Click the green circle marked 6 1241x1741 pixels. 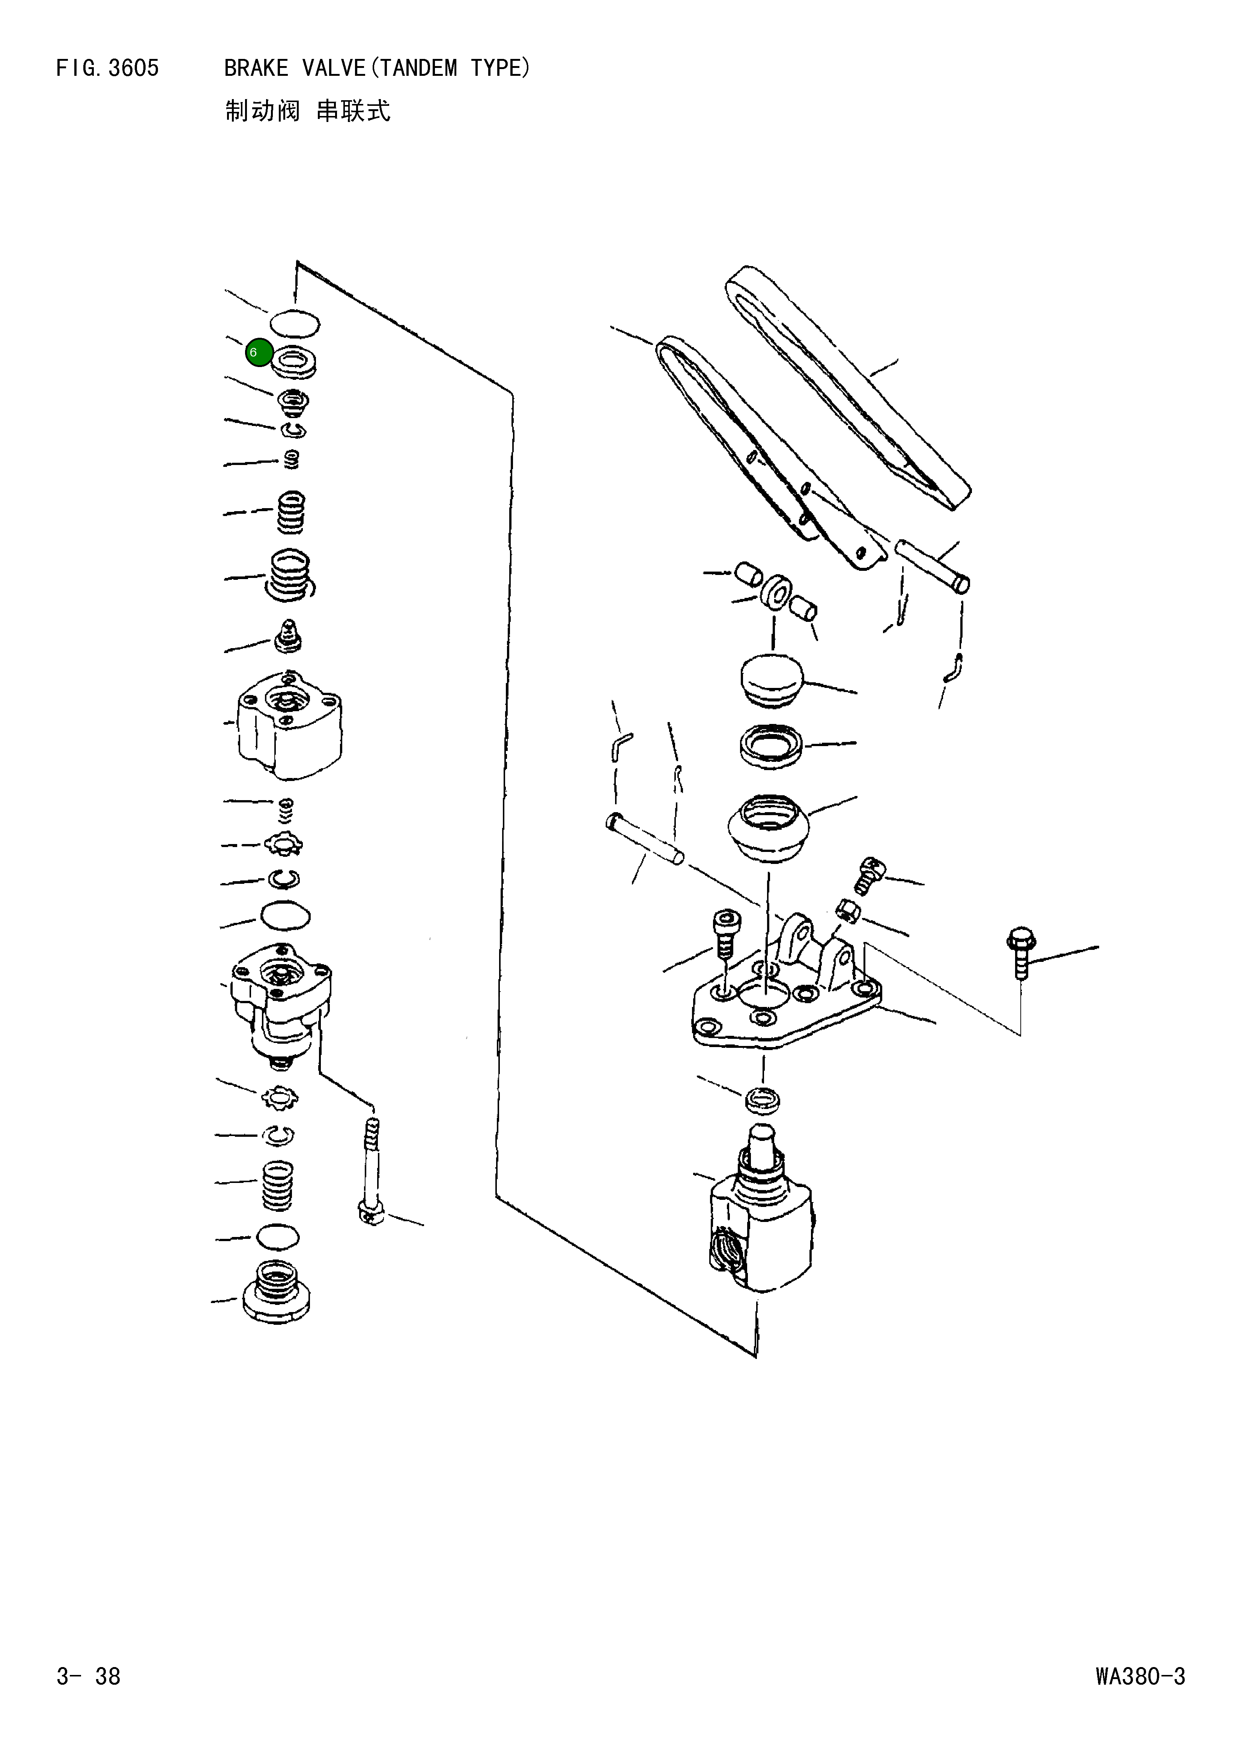[x=259, y=352]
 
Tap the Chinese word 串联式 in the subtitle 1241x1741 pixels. [x=353, y=111]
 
